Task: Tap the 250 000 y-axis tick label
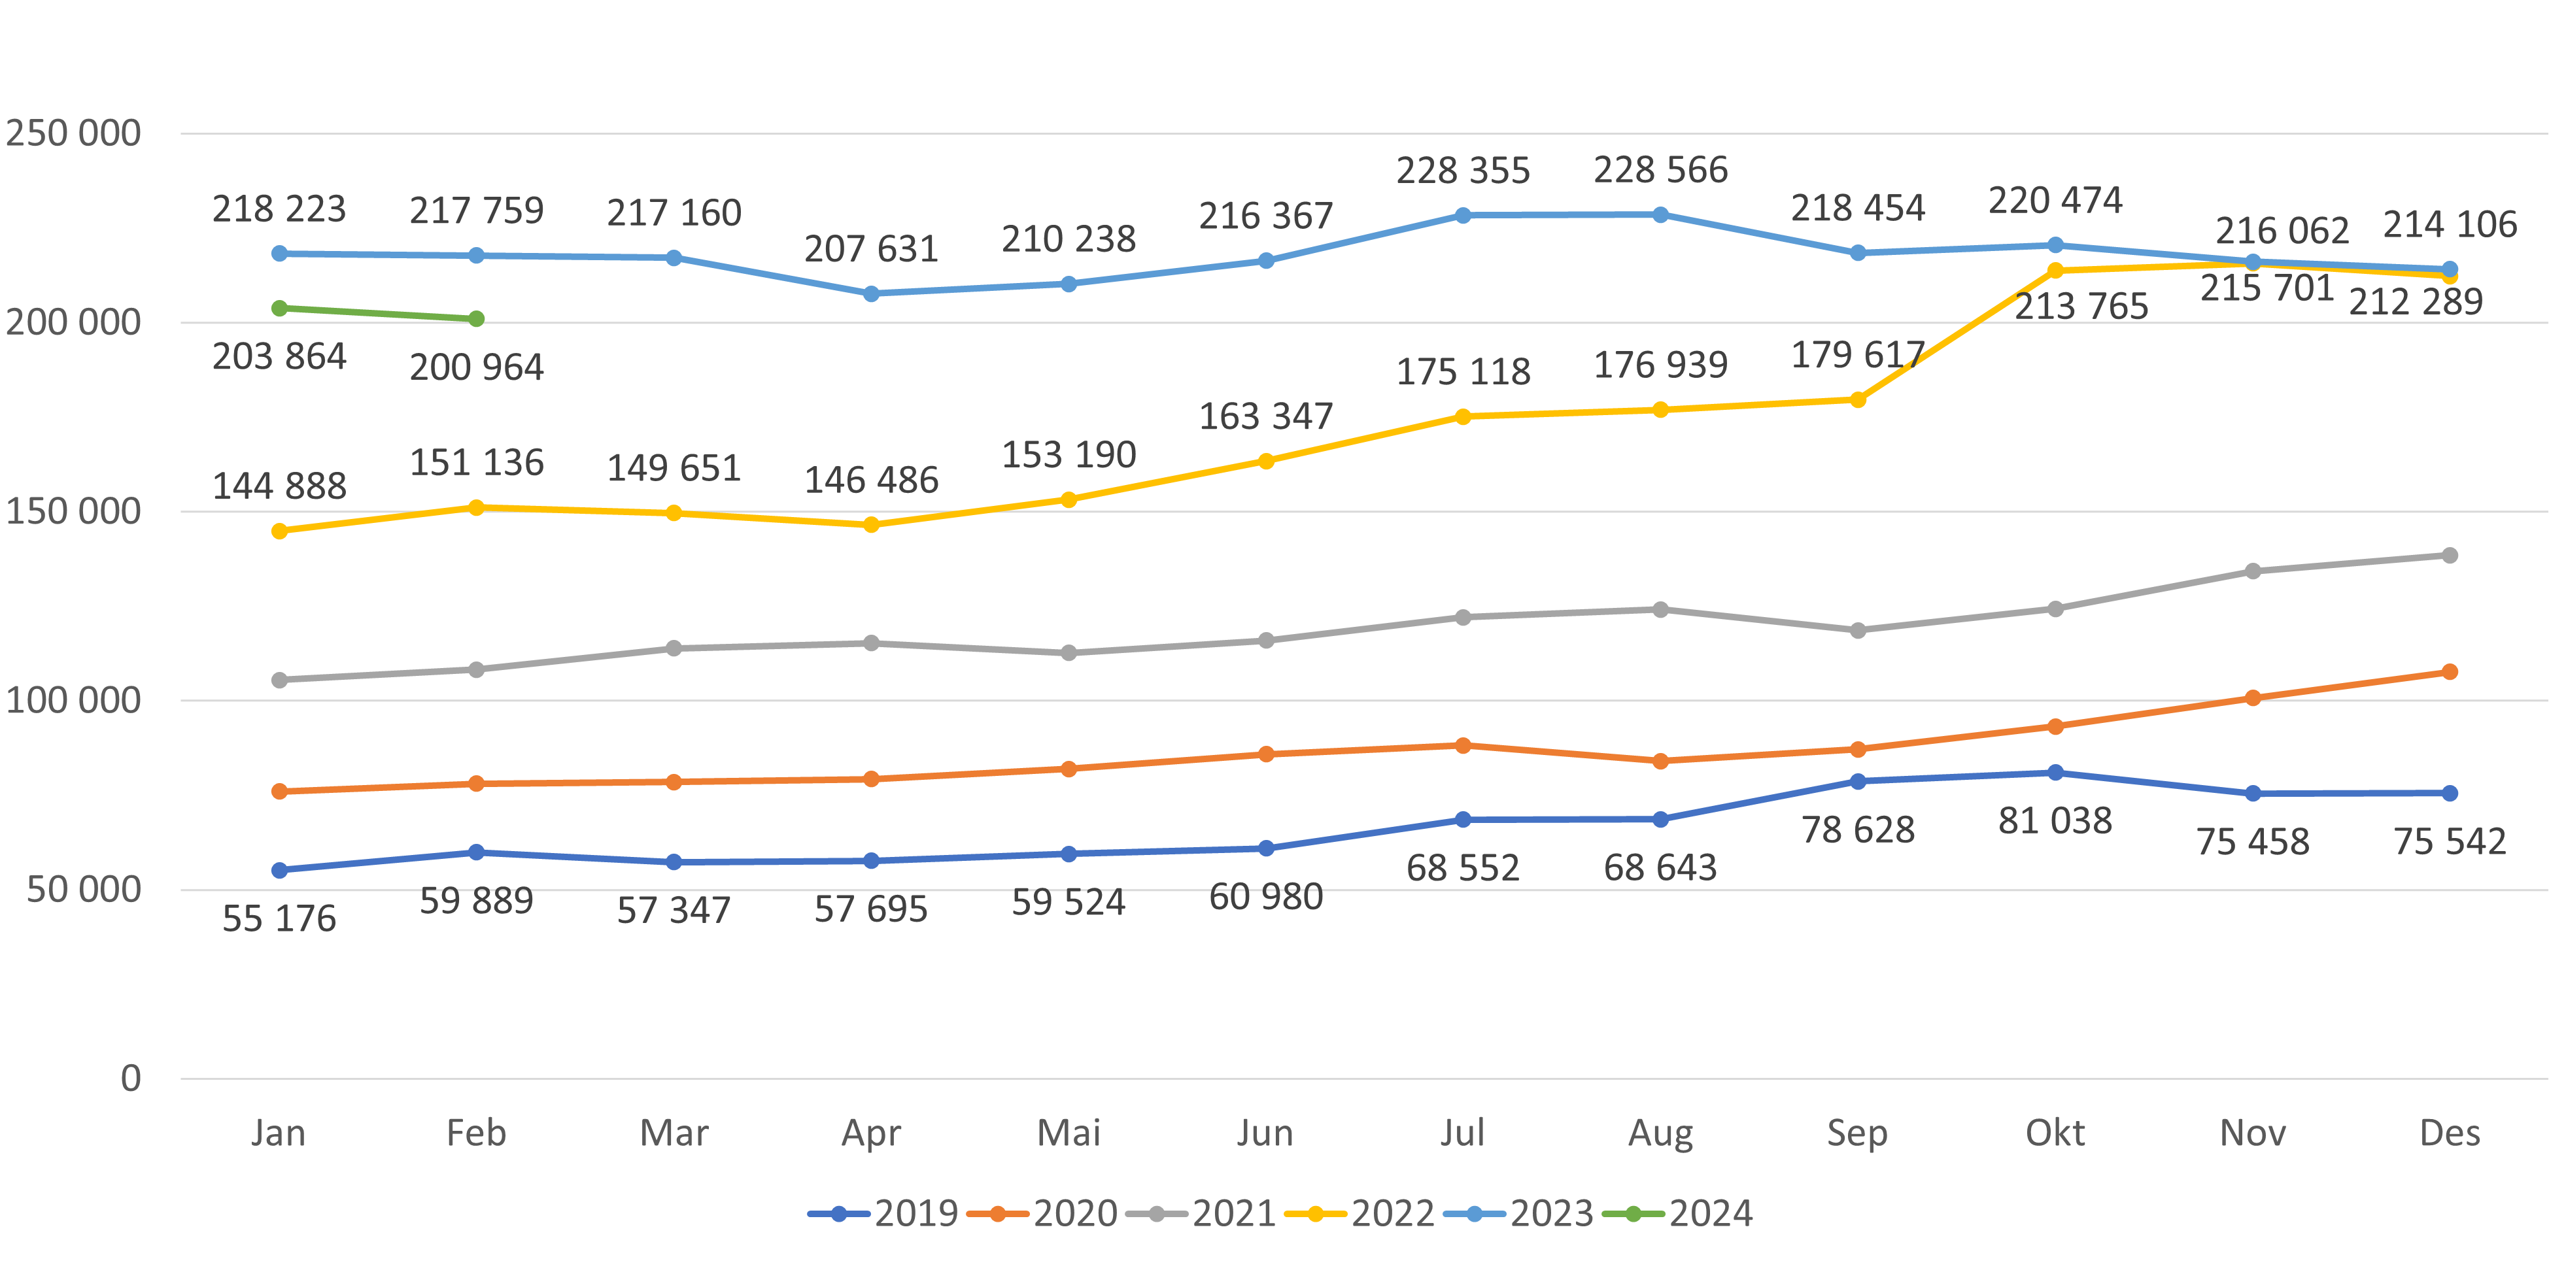tap(73, 133)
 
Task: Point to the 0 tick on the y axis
tap(131, 1078)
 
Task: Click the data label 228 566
tap(1660, 170)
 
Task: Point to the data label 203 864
tap(279, 357)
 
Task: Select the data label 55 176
tap(279, 919)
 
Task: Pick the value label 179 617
tap(1857, 355)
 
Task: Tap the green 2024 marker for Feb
tap(476, 318)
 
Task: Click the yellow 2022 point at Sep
tap(1857, 399)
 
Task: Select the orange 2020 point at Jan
tap(279, 792)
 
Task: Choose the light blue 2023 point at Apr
tap(871, 293)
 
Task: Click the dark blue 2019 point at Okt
tap(2055, 773)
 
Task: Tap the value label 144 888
tap(279, 486)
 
